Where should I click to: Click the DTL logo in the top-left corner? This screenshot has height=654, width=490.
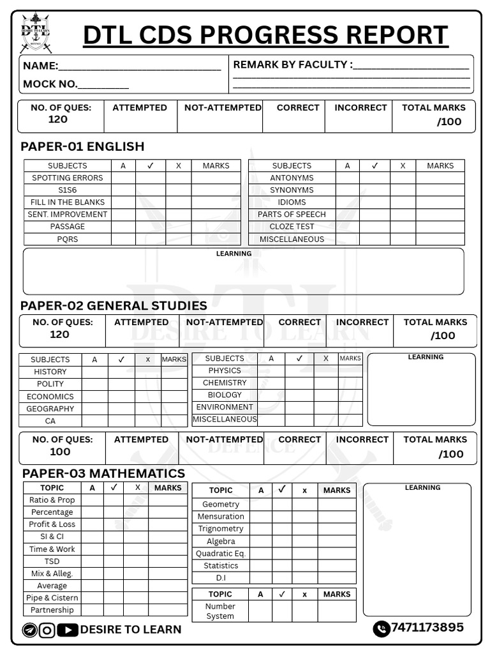[x=35, y=33]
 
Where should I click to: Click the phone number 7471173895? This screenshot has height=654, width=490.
[x=427, y=627]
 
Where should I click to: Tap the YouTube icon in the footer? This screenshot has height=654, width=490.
[x=67, y=630]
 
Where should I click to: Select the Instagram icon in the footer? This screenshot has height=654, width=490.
[x=47, y=630]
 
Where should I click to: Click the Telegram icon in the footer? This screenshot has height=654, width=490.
[x=29, y=630]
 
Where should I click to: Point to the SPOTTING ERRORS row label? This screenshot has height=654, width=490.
[x=67, y=178]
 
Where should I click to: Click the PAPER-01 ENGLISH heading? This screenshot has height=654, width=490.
[x=82, y=146]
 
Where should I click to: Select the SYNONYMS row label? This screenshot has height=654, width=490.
[x=292, y=190]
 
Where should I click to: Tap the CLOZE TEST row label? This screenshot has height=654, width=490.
[x=292, y=227]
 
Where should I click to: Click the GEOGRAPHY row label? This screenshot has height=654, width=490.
[x=50, y=409]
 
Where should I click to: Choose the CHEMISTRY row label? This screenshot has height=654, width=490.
[x=225, y=383]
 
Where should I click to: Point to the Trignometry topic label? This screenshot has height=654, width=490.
[x=221, y=529]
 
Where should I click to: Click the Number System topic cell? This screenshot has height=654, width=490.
[x=220, y=611]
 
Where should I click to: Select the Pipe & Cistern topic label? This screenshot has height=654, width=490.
[x=52, y=598]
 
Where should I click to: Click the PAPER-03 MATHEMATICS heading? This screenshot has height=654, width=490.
[x=103, y=473]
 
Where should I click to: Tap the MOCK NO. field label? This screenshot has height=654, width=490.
[x=50, y=84]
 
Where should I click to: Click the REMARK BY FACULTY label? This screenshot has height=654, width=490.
[x=292, y=65]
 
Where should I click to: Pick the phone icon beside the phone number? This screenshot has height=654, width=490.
[x=381, y=628]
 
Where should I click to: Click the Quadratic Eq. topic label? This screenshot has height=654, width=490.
[x=221, y=554]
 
